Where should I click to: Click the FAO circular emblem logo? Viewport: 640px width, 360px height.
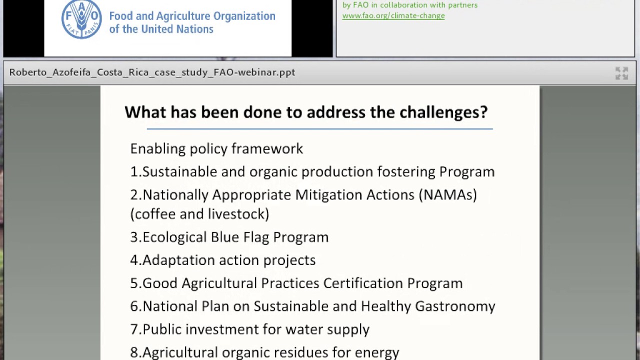81,19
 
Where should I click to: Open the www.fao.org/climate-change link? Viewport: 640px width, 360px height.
393,15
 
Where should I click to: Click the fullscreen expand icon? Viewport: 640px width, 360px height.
621,73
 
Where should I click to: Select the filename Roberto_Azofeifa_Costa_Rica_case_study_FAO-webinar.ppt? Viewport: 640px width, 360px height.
152,72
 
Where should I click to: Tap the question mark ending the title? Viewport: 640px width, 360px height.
483,112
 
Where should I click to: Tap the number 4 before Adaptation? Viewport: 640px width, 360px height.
134,260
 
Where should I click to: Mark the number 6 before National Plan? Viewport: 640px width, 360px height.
134,306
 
